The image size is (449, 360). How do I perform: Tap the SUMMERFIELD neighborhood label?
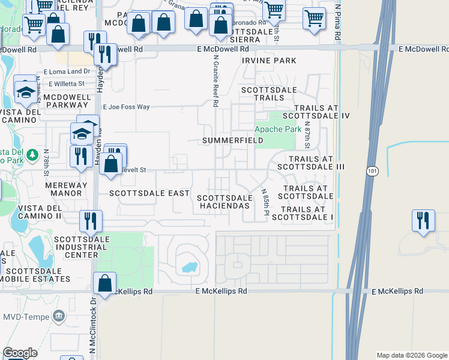[x=232, y=140]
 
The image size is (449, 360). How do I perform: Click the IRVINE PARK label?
[x=269, y=61]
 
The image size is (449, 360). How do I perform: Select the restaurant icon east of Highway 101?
[x=423, y=220]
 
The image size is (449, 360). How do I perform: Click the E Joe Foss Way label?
[x=126, y=107]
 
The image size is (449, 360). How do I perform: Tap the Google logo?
[x=20, y=353]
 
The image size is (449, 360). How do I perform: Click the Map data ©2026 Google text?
[x=411, y=355]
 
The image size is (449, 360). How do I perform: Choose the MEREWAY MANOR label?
[x=66, y=190]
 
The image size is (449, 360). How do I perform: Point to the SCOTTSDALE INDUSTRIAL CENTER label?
[x=76, y=247]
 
